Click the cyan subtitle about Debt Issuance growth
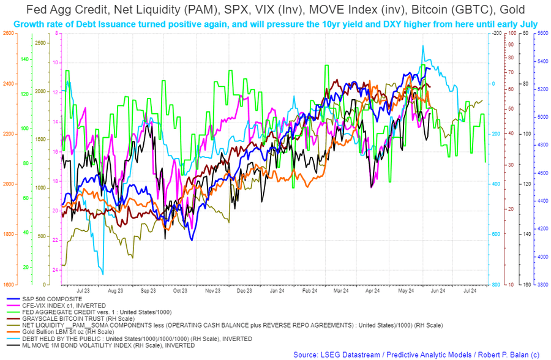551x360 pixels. click(x=275, y=24)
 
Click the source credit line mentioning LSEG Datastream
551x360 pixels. click(x=416, y=354)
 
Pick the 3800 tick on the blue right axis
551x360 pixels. click(x=543, y=285)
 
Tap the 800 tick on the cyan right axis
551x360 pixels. click(x=493, y=285)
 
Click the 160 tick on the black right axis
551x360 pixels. click(x=526, y=285)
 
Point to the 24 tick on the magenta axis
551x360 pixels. click(x=56, y=270)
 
